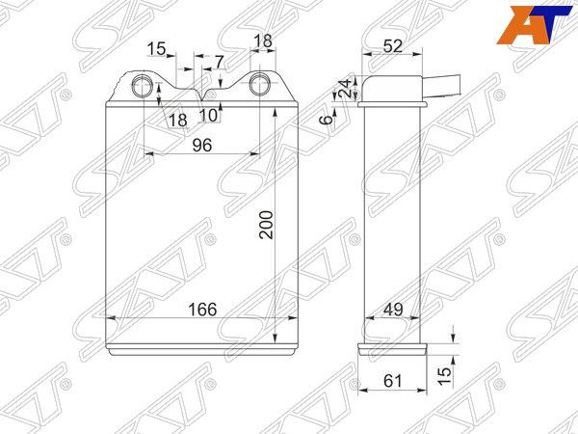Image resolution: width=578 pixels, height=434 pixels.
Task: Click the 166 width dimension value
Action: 202,310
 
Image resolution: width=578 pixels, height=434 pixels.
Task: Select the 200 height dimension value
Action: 266,225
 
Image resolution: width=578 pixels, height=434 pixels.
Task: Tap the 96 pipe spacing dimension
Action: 202,145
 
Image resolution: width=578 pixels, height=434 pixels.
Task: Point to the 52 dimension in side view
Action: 393,46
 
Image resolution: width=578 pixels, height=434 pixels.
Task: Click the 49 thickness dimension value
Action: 393,310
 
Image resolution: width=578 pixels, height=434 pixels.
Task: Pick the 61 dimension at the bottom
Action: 392,381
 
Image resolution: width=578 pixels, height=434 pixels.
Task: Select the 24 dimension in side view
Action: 346,88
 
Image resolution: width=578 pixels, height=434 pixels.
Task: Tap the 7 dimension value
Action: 220,62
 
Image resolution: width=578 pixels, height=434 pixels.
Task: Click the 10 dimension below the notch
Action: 209,116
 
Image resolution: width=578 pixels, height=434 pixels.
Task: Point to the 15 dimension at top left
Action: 157,49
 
